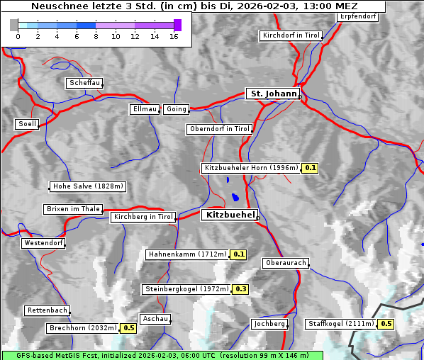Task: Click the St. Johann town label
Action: coord(273,94)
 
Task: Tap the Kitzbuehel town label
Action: coord(229,215)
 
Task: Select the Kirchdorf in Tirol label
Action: coord(291,35)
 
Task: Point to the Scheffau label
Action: coord(84,83)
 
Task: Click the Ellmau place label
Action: coord(145,109)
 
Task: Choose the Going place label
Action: coord(176,109)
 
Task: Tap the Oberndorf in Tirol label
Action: coord(220,129)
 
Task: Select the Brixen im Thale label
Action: coord(73,209)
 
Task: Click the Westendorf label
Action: coord(43,243)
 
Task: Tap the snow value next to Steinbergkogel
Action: coord(241,289)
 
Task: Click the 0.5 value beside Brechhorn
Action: coord(128,328)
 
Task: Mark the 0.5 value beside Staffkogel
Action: coord(386,324)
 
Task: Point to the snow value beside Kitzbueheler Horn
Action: coord(311,168)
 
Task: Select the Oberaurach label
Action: coord(285,263)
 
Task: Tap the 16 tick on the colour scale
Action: coord(174,36)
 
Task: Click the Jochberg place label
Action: coord(269,324)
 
